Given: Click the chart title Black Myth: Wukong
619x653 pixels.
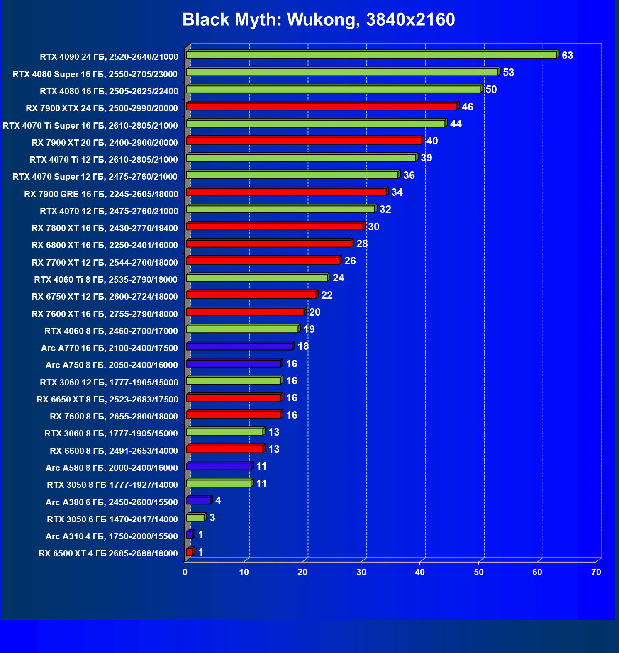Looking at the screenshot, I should pyautogui.click(x=318, y=19).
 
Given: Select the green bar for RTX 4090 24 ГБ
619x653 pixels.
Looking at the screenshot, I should pyautogui.click(x=371, y=55).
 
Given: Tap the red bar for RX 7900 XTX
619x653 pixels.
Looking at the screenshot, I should pyautogui.click(x=322, y=107).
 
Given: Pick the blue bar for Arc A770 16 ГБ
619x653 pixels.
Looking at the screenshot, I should pyautogui.click(x=239, y=346).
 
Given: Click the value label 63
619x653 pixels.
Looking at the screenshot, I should pyautogui.click(x=567, y=56).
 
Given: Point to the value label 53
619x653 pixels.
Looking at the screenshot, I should pyautogui.click(x=508, y=73).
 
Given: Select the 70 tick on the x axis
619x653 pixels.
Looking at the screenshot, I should pyautogui.click(x=596, y=573).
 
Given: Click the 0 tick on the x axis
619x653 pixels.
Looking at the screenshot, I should pyautogui.click(x=185, y=573).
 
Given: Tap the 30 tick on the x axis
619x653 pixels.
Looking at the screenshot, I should pyautogui.click(x=361, y=573).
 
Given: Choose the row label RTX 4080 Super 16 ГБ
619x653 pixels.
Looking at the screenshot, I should pyautogui.click(x=95, y=74).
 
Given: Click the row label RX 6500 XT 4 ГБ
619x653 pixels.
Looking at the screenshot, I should pyautogui.click(x=108, y=553).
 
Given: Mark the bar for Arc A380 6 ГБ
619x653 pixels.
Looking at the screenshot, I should pyautogui.click(x=198, y=501).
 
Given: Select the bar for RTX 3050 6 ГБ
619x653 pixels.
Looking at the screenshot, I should pyautogui.click(x=195, y=518).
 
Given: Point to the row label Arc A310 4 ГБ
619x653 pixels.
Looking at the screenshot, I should pyautogui.click(x=112, y=536).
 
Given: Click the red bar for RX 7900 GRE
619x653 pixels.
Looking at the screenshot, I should pyautogui.click(x=286, y=192).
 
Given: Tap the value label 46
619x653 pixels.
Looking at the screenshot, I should pyautogui.click(x=467, y=107).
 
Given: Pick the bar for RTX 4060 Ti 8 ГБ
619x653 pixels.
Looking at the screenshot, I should pyautogui.click(x=257, y=278).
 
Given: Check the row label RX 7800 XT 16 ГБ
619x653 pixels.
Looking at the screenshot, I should pyautogui.click(x=105, y=228).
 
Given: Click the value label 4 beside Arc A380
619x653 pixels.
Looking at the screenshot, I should pyautogui.click(x=218, y=501).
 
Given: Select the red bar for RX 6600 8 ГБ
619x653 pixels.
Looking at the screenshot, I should pyautogui.click(x=224, y=449).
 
